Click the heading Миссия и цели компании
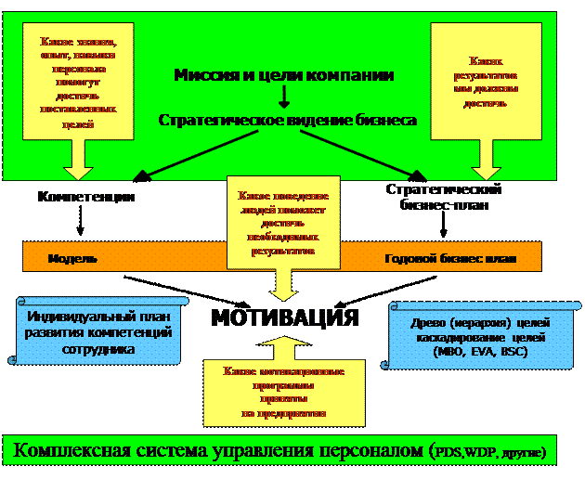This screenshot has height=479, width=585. (284, 75)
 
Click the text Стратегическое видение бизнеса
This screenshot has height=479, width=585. (286, 121)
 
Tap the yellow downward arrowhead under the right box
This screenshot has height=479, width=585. (487, 170)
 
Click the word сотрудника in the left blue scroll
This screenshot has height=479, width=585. (99, 351)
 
